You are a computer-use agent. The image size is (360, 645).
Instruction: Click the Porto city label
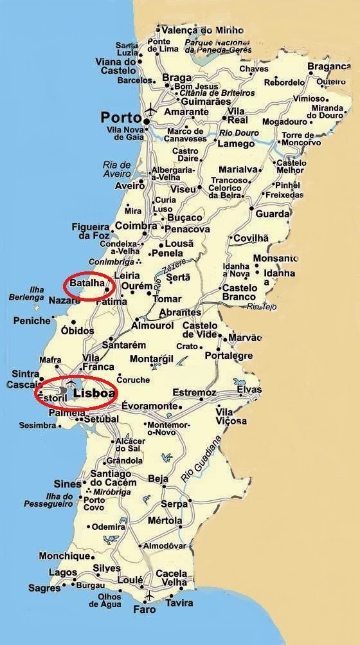[120, 118]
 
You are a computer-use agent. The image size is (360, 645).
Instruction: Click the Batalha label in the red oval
[86, 284]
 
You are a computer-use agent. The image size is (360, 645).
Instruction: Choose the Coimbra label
[136, 226]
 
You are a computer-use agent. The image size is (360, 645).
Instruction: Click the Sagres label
[44, 588]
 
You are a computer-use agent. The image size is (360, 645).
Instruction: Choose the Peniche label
[32, 320]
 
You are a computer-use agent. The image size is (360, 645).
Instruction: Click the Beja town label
[157, 478]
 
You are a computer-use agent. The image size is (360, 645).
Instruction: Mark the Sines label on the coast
[67, 484]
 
